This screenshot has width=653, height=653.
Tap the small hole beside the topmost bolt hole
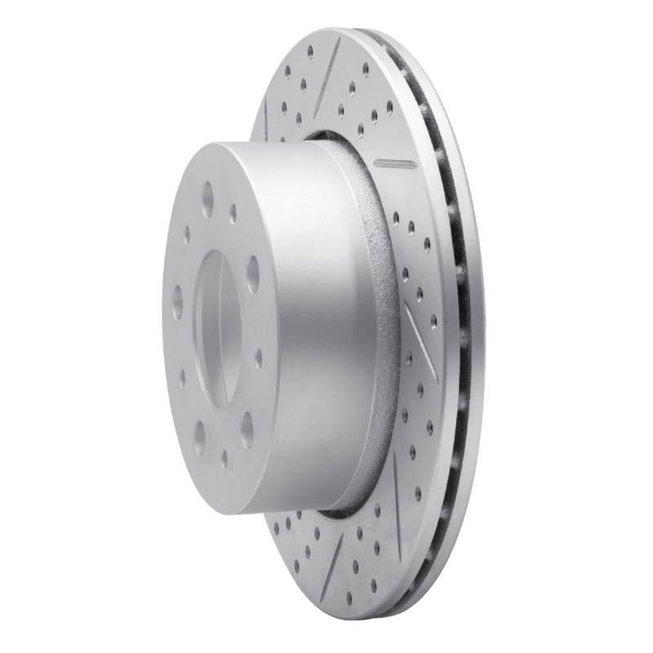233,214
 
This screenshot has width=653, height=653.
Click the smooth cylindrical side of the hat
302,326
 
